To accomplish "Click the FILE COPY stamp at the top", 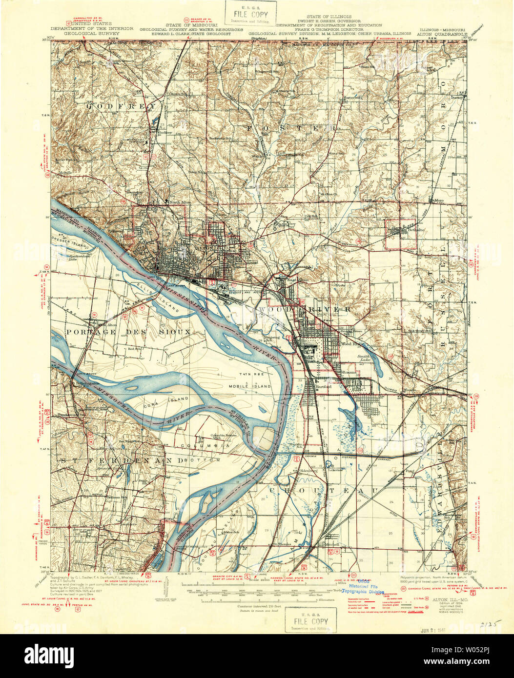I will point(250,13).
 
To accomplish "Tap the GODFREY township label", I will point(123,106).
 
